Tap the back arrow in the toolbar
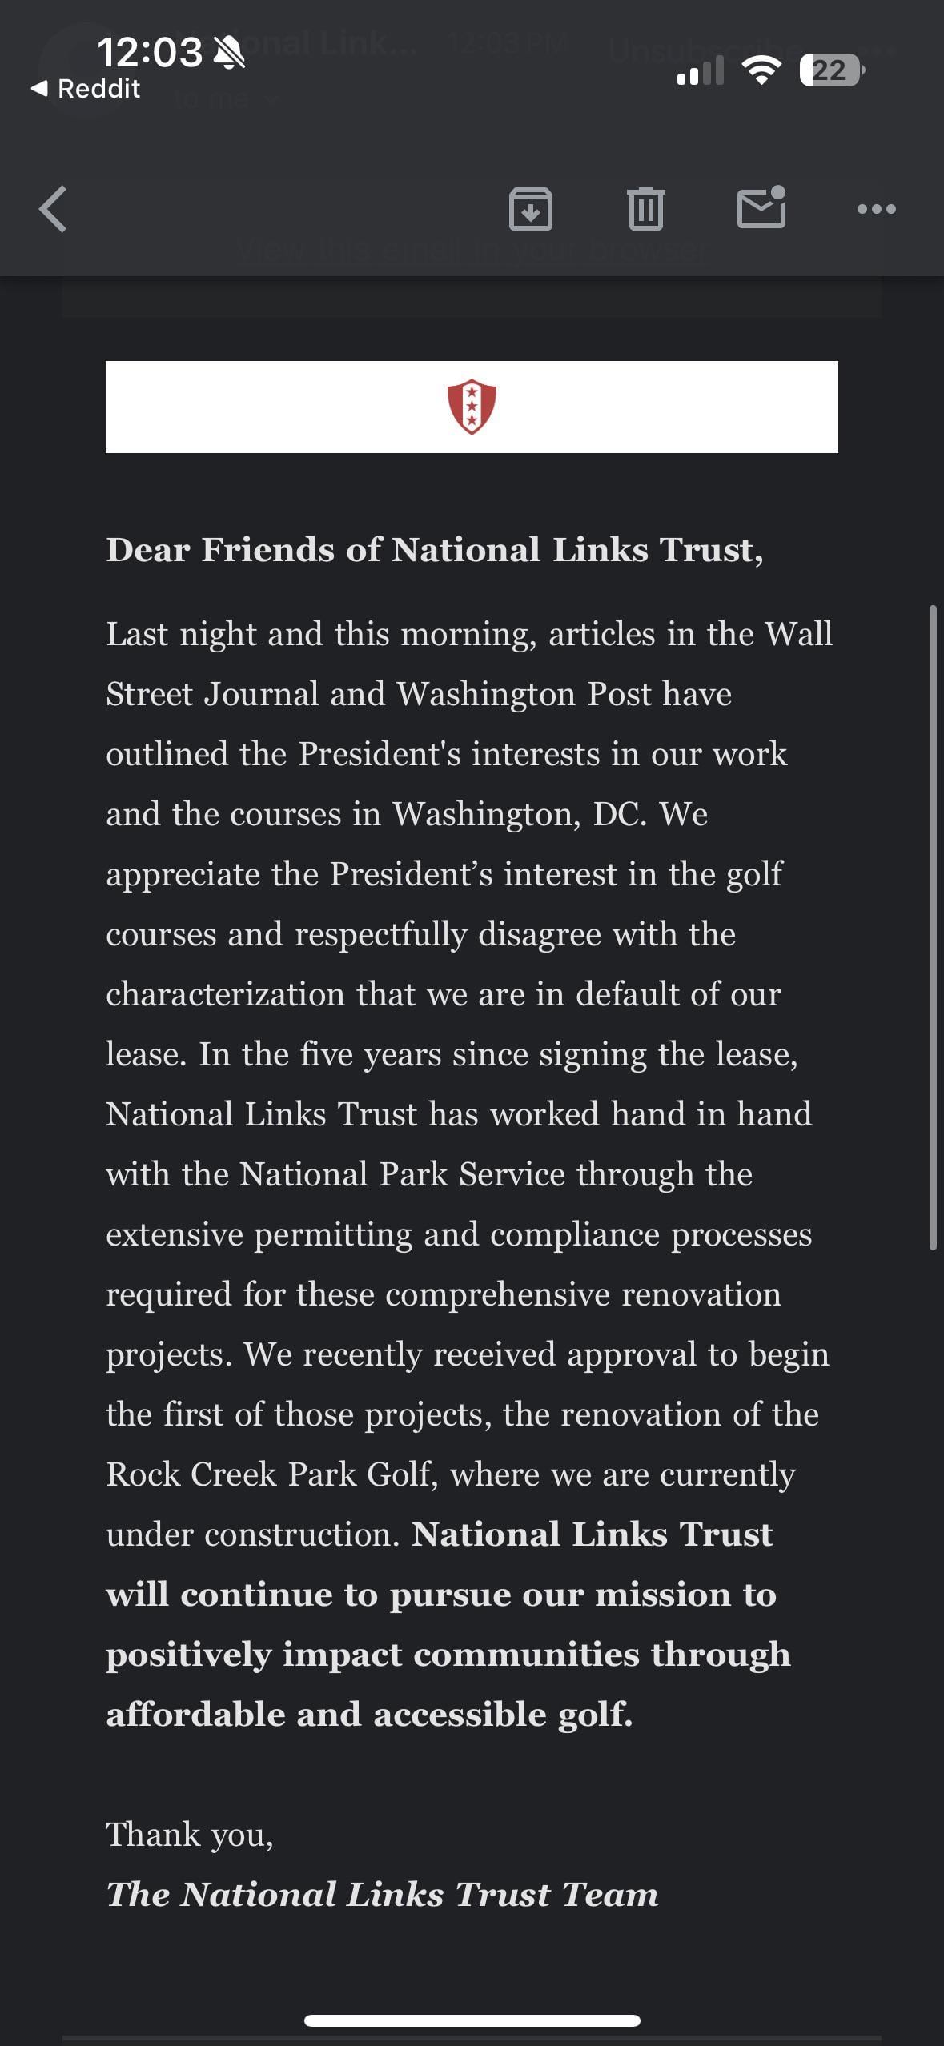click(x=53, y=209)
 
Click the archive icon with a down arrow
click(x=530, y=209)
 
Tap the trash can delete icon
click(x=645, y=209)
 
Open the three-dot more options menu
click(x=876, y=209)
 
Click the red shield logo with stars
click(x=472, y=407)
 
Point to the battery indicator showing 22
click(x=830, y=70)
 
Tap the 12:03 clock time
click(x=150, y=53)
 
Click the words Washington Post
click(x=524, y=694)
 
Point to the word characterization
click(x=226, y=994)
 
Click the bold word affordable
click(x=195, y=1715)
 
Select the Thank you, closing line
click(x=190, y=1835)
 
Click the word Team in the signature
click(x=609, y=1895)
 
